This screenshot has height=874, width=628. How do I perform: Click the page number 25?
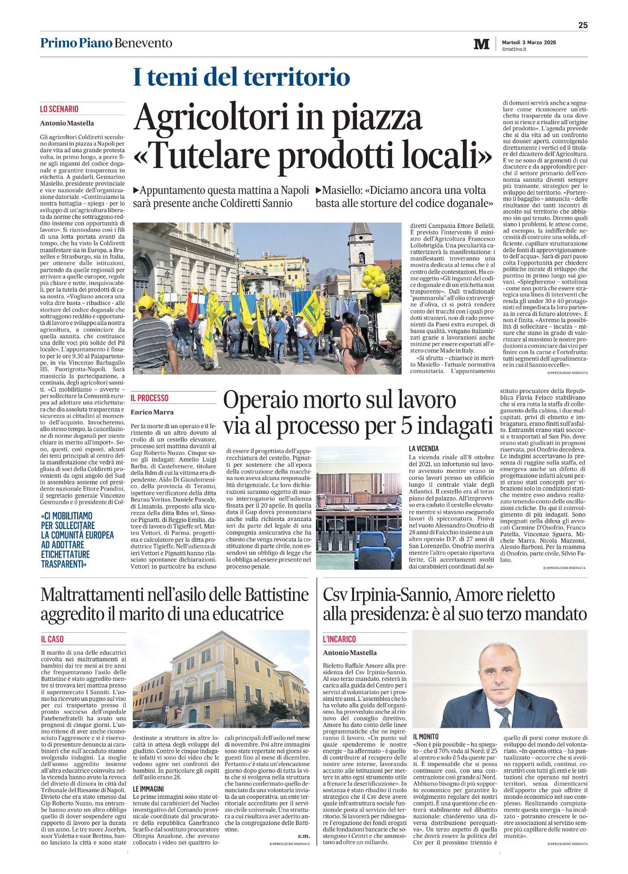(x=583, y=26)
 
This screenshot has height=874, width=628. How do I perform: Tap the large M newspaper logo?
(x=481, y=44)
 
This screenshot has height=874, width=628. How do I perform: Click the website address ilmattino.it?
(x=514, y=49)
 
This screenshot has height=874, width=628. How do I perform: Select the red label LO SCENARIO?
(x=59, y=109)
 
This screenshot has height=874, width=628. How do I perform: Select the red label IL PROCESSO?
(x=149, y=398)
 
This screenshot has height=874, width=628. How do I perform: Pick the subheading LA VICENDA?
(x=423, y=448)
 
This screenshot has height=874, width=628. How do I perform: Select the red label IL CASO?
(x=52, y=639)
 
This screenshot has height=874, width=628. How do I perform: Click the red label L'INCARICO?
(x=339, y=639)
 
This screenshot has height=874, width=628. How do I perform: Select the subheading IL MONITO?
(x=426, y=737)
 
